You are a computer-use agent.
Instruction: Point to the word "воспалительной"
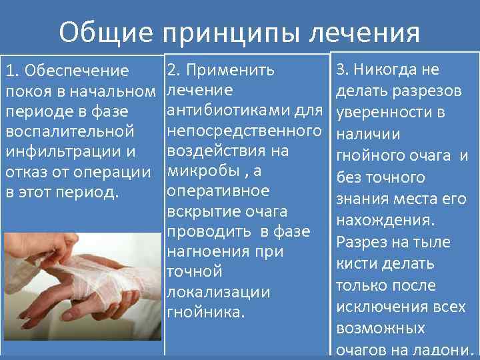point(70,131)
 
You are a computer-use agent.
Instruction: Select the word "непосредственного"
point(243,130)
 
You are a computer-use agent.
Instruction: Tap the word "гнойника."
point(206,312)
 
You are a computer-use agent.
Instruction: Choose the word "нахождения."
point(385,220)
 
